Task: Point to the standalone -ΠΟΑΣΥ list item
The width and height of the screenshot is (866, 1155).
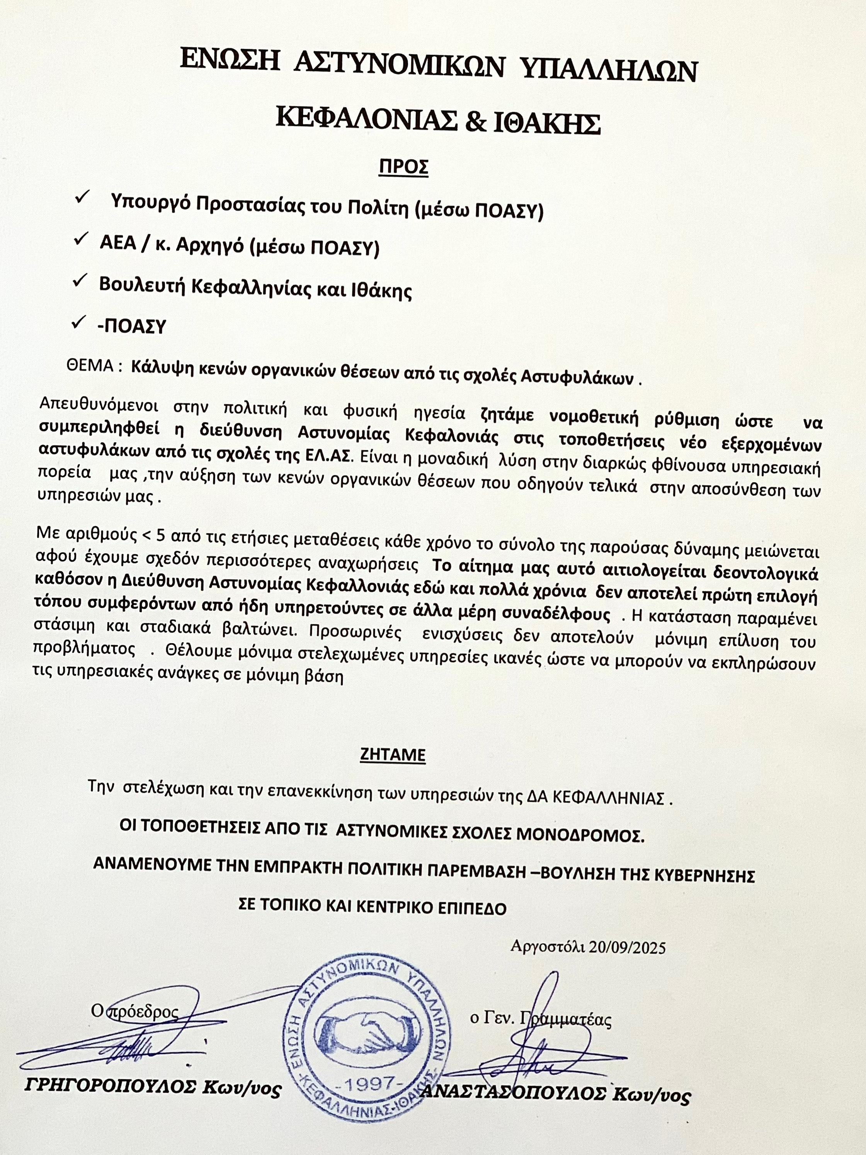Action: coord(131,326)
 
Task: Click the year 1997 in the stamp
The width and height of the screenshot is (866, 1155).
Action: coord(372,1083)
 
